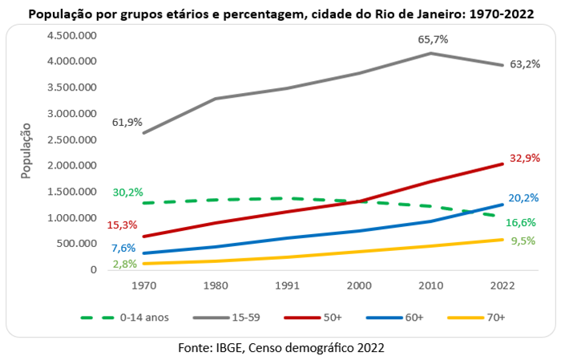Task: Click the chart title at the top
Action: click(282, 14)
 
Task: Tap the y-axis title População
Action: click(26, 152)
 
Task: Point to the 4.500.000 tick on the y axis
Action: click(70, 36)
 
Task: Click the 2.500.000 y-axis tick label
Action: click(70, 140)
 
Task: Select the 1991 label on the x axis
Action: click(287, 285)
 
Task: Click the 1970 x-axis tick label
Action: click(143, 285)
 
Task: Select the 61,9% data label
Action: click(127, 123)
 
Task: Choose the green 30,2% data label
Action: click(127, 192)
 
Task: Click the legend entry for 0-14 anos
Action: click(136, 318)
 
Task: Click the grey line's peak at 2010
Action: click(431, 54)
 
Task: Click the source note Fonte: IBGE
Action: click(281, 347)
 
